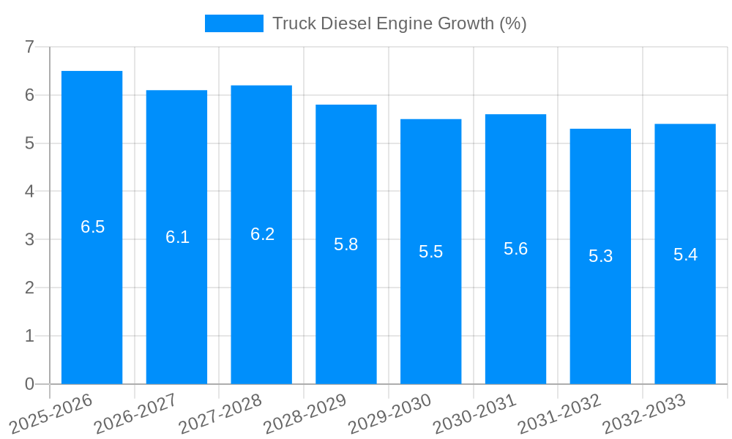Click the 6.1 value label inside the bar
[177, 237]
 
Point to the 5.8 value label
[346, 244]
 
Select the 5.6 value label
[515, 249]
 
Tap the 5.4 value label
[685, 255]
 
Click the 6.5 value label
[93, 227]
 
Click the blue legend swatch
[234, 23]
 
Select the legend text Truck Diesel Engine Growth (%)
[399, 23]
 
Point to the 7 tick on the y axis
[29, 47]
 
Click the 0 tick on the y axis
[29, 384]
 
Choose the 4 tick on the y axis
[29, 192]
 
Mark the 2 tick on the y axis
[29, 288]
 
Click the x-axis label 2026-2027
[136, 413]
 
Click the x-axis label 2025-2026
[51, 413]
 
